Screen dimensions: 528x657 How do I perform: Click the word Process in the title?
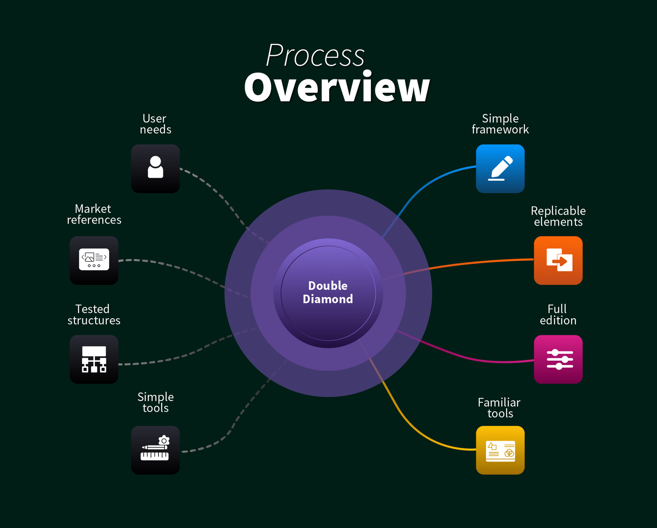(x=315, y=55)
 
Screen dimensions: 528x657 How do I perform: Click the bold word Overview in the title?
(x=337, y=87)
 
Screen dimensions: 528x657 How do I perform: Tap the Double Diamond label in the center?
(x=328, y=292)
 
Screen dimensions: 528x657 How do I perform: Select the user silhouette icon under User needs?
(x=155, y=168)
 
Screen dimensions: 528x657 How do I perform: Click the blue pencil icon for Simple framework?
(x=500, y=168)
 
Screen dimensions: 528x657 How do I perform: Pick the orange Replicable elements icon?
(x=558, y=260)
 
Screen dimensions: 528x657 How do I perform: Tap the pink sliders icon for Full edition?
(x=558, y=359)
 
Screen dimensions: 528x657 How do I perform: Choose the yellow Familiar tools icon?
(x=500, y=450)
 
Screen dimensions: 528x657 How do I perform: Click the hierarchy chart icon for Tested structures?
(x=94, y=359)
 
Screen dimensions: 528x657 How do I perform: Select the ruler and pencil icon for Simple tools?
(x=155, y=450)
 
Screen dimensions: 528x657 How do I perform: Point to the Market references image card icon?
(x=94, y=260)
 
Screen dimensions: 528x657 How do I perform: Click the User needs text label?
(x=155, y=124)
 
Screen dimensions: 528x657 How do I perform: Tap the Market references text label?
(x=94, y=214)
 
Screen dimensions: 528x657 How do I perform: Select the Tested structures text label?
(x=94, y=315)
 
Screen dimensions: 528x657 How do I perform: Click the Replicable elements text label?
(x=558, y=216)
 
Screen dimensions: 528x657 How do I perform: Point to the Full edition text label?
(x=558, y=315)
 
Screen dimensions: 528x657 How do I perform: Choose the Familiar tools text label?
(x=500, y=408)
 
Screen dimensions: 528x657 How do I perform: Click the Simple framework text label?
(x=500, y=124)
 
